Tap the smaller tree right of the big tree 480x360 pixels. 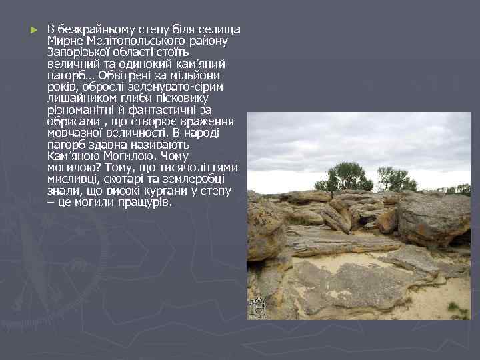point(396,179)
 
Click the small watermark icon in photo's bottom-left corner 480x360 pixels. point(257,307)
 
